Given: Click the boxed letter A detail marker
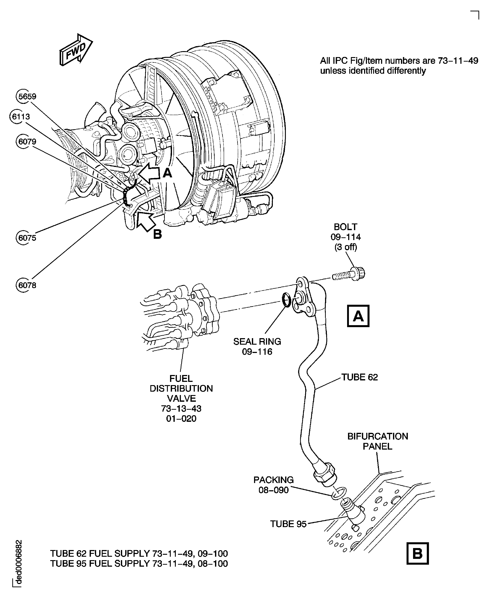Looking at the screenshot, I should pos(358,316).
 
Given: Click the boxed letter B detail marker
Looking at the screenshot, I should pos(417,554).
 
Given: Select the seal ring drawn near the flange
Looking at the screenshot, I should pos(286,300).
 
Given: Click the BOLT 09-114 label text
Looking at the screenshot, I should pos(345,237).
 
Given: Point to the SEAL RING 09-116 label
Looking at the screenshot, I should pos(257,346).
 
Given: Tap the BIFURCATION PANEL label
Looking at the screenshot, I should pos(377,441).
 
